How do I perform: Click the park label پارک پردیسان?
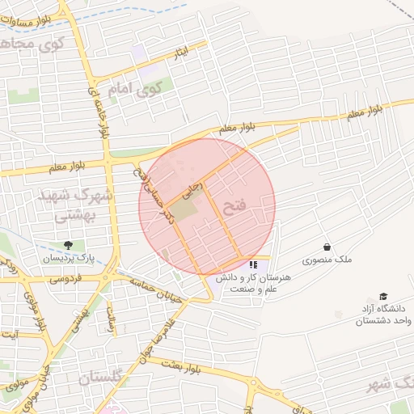point(69,258)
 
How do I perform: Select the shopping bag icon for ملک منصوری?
point(327,247)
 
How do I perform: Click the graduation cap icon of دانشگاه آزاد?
point(382,297)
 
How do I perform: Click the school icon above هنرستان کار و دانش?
point(253,264)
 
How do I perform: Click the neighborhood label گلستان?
point(101,378)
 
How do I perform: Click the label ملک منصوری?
point(328,260)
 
